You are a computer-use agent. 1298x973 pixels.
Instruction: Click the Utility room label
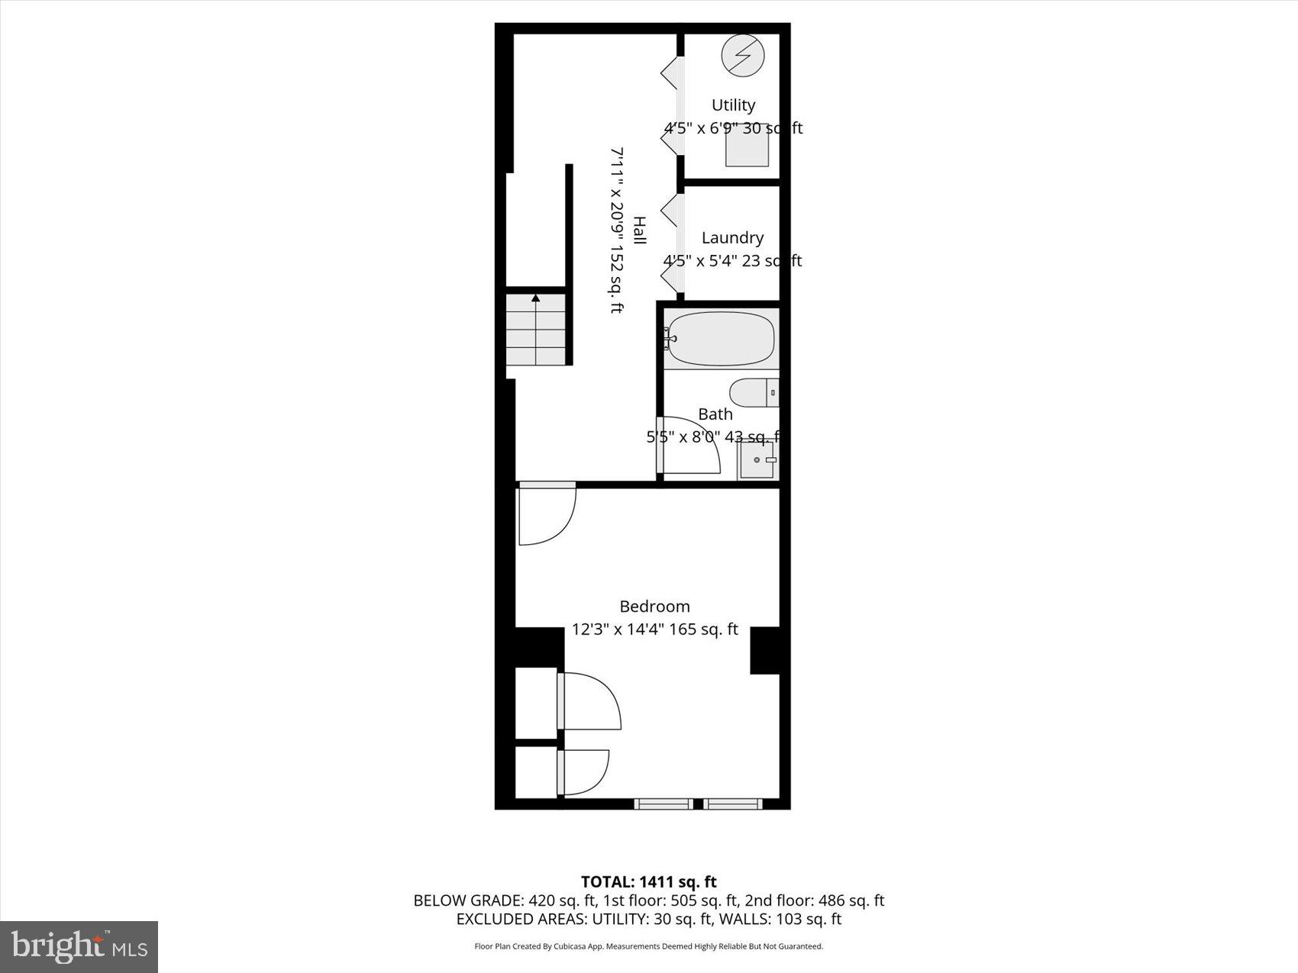733,105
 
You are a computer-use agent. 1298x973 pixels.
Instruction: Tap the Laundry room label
732,238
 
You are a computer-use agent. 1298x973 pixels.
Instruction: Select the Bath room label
715,414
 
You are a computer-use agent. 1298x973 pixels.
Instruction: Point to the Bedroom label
654,607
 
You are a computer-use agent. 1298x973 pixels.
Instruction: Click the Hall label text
639,230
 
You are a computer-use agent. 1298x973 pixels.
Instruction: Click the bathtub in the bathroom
720,338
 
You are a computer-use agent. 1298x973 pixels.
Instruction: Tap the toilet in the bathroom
753,393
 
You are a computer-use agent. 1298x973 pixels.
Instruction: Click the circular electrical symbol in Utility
743,56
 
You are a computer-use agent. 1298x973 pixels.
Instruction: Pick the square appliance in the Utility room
747,145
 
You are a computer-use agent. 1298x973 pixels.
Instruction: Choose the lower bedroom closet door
584,772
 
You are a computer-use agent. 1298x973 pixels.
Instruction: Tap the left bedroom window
663,804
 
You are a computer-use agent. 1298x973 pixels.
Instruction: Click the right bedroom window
733,804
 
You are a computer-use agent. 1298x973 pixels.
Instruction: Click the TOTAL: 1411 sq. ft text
649,882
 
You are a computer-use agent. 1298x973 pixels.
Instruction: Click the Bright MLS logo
79,947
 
